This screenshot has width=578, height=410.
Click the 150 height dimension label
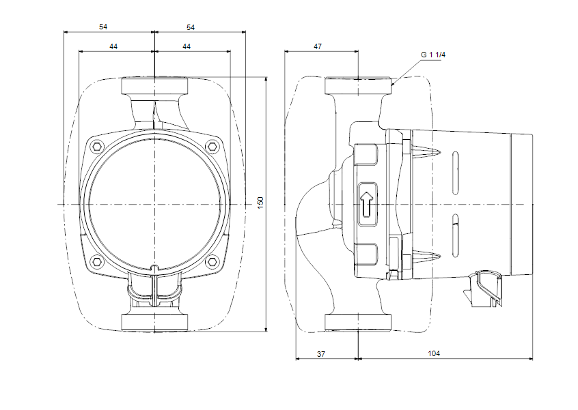tap(260, 203)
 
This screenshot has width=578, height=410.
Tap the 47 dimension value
tap(318, 46)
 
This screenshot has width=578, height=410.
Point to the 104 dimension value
tap(433, 353)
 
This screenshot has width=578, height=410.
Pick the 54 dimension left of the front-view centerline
tap(103, 27)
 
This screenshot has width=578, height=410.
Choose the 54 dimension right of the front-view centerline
tap(191, 27)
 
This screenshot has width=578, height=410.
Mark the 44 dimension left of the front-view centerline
tap(113, 46)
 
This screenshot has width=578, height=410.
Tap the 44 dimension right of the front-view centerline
tap(187, 46)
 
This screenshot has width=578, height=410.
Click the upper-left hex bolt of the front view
tap(96, 146)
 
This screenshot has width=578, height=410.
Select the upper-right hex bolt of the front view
tap(213, 146)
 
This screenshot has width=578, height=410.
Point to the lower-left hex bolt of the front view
tap(96, 262)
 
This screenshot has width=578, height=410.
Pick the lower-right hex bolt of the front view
tap(213, 262)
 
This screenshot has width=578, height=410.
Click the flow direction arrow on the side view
tap(367, 203)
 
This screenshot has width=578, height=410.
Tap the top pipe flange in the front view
tap(155, 87)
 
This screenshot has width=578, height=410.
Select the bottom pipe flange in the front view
tap(155, 322)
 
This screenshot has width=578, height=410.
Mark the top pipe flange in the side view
tap(358, 87)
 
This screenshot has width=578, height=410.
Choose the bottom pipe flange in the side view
tap(358, 323)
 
